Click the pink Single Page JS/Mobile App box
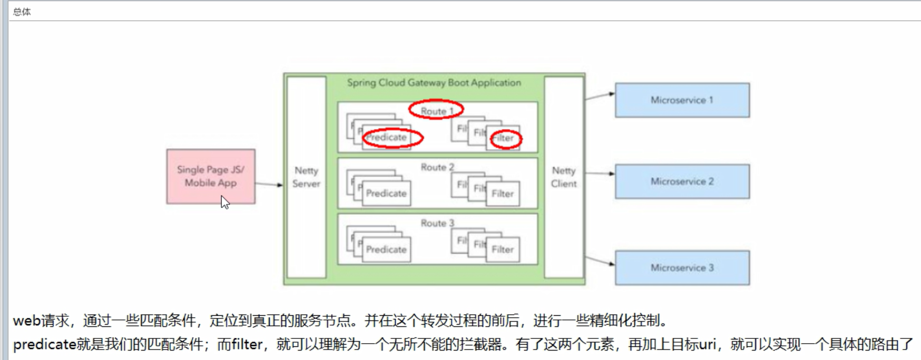[211, 176]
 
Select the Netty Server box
[306, 177]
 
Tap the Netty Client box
[564, 177]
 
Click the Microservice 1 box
[682, 100]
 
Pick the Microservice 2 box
[682, 181]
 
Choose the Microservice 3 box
[682, 268]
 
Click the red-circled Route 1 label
[436, 111]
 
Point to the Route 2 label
[437, 167]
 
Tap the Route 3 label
[437, 223]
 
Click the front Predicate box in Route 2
[387, 193]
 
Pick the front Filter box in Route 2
[503, 193]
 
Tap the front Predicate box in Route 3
[387, 249]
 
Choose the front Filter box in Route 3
[503, 249]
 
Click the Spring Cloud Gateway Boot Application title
[434, 83]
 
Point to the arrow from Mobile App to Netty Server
[269, 184]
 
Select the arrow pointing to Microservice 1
[600, 96]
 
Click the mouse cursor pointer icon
[225, 202]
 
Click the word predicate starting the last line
[45, 345]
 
